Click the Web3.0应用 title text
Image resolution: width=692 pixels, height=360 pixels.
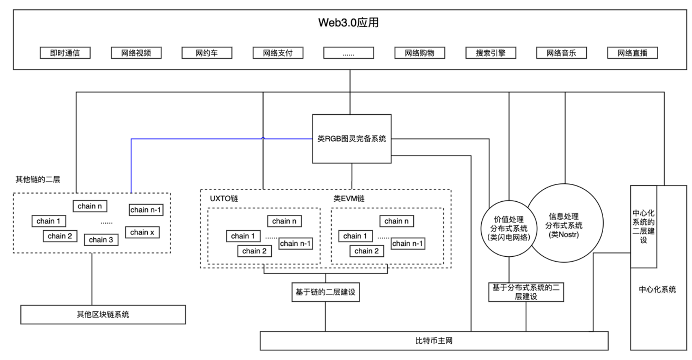tap(348, 22)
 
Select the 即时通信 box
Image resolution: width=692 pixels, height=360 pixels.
tap(65, 53)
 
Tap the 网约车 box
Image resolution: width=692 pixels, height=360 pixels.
tap(207, 53)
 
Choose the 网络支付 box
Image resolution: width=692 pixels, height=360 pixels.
tap(278, 53)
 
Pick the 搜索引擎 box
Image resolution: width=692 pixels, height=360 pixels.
tap(491, 53)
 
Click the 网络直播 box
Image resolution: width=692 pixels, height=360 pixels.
tap(632, 53)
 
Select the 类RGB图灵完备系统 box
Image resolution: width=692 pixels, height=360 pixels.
tap(351, 139)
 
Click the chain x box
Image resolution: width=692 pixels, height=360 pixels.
tap(142, 232)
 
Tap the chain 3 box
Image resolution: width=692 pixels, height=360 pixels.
tap(101, 240)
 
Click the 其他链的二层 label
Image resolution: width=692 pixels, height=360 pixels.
tap(38, 179)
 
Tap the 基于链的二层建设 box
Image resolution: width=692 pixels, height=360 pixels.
tap(325, 292)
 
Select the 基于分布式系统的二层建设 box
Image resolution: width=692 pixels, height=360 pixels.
tap(526, 292)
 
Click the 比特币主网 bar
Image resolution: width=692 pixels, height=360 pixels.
tap(434, 340)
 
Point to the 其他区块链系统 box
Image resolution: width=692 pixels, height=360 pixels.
tap(103, 314)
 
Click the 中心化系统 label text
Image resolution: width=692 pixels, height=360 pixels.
tap(657, 289)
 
